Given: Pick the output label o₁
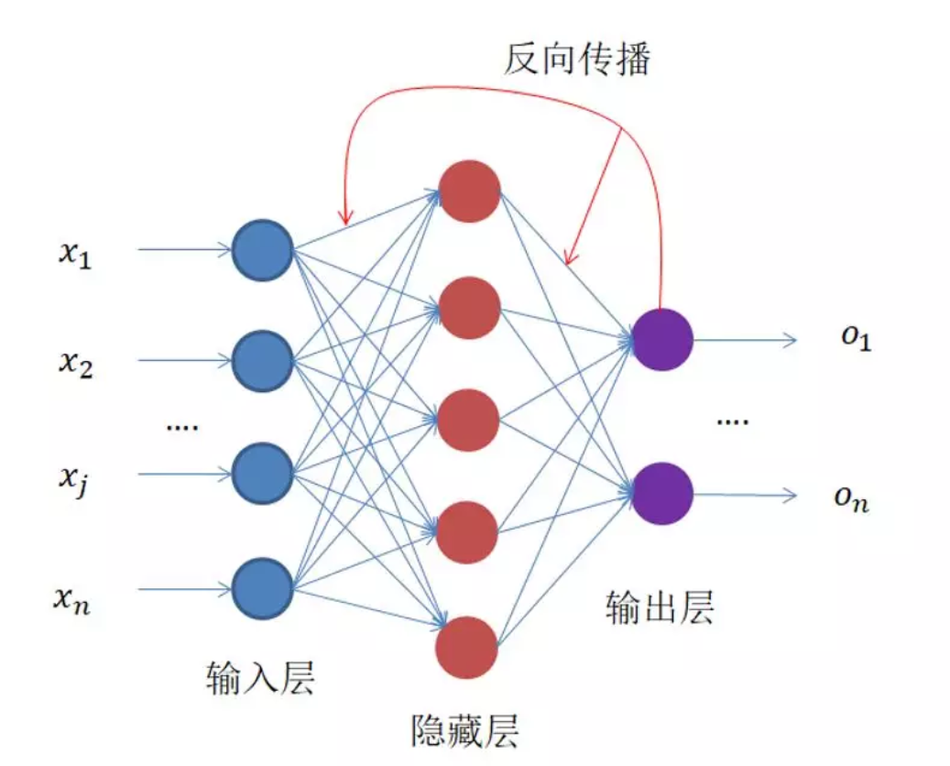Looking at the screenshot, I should point(855,340).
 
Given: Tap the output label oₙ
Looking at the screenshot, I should point(851,500).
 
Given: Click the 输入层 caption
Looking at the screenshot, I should point(262,679).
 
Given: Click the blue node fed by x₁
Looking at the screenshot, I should point(262,249).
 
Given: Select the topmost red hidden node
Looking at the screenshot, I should point(469,191).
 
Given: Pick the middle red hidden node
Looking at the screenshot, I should point(468,420).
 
